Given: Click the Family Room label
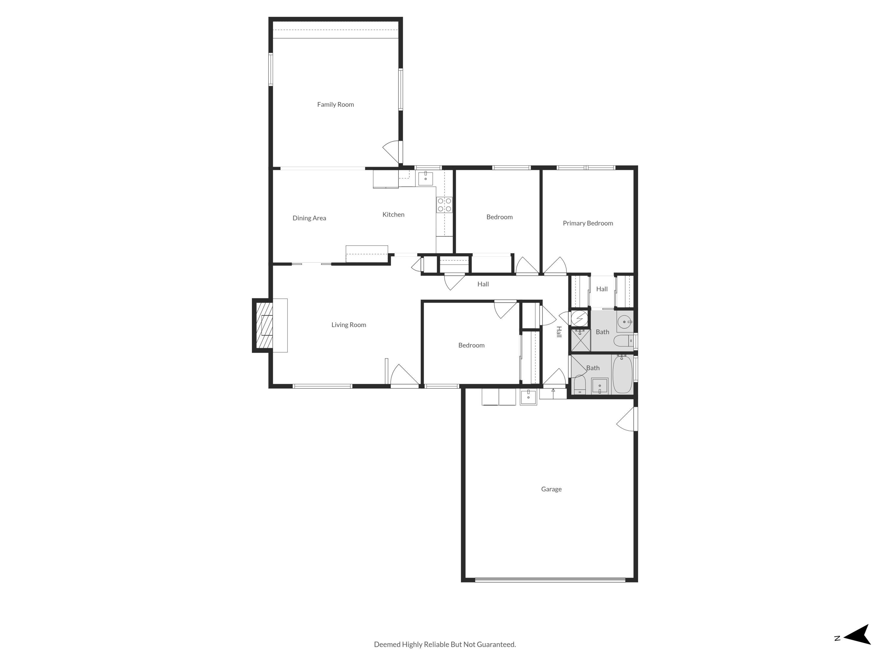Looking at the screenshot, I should [335, 105].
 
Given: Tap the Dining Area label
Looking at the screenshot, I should [309, 218].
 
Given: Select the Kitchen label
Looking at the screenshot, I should [393, 215].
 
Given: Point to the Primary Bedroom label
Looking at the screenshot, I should [587, 223].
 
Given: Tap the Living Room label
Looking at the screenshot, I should [349, 325].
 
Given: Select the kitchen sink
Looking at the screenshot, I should [425, 178].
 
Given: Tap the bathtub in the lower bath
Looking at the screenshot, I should [622, 374].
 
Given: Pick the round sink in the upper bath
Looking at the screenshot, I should [624, 322].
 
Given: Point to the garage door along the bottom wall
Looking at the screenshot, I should [550, 580].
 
